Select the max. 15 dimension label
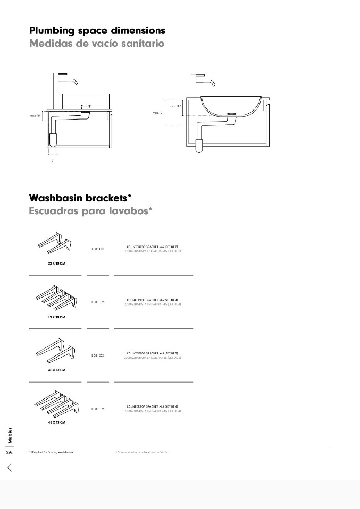35,115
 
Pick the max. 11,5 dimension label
175,106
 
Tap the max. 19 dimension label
157,113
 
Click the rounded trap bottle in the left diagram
53,140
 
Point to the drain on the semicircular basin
232,114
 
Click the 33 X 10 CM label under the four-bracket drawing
56,317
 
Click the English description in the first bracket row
153,247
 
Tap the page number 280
9,452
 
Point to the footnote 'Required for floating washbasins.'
52,452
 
